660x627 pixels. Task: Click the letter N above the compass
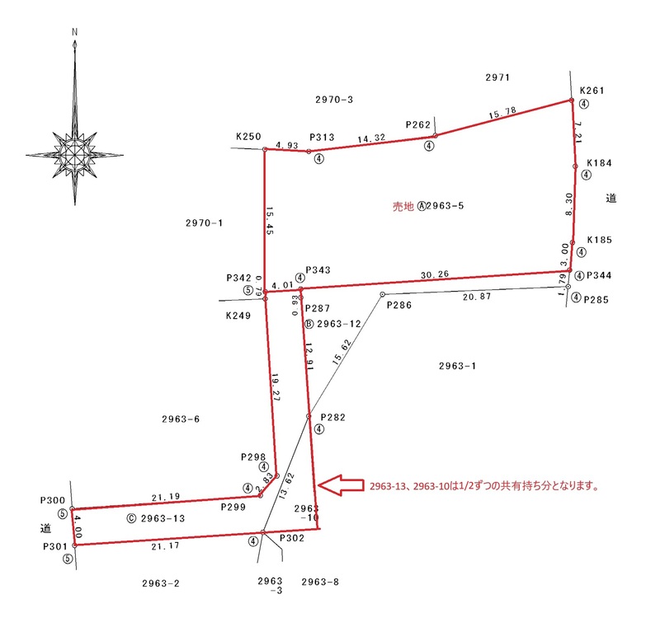[74, 32]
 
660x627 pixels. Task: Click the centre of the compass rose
[74, 154]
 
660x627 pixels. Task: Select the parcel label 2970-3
[334, 100]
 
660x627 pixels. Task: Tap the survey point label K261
[592, 91]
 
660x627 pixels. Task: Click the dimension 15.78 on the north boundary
[502, 113]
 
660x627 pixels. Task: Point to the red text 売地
[403, 206]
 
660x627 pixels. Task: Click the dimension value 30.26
[435, 274]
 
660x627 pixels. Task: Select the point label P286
[399, 305]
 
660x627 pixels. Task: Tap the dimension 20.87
[477, 297]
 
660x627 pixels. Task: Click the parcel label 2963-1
[458, 366]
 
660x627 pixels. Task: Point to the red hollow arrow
[341, 485]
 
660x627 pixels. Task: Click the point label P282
[333, 417]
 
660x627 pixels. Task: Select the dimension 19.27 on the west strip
[276, 387]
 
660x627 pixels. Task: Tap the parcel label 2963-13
[163, 518]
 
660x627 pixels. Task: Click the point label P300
[53, 500]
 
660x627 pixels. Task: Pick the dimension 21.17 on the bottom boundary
[166, 546]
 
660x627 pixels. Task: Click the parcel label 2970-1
[204, 223]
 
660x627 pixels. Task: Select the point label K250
[248, 137]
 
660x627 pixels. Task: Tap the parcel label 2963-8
[320, 582]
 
